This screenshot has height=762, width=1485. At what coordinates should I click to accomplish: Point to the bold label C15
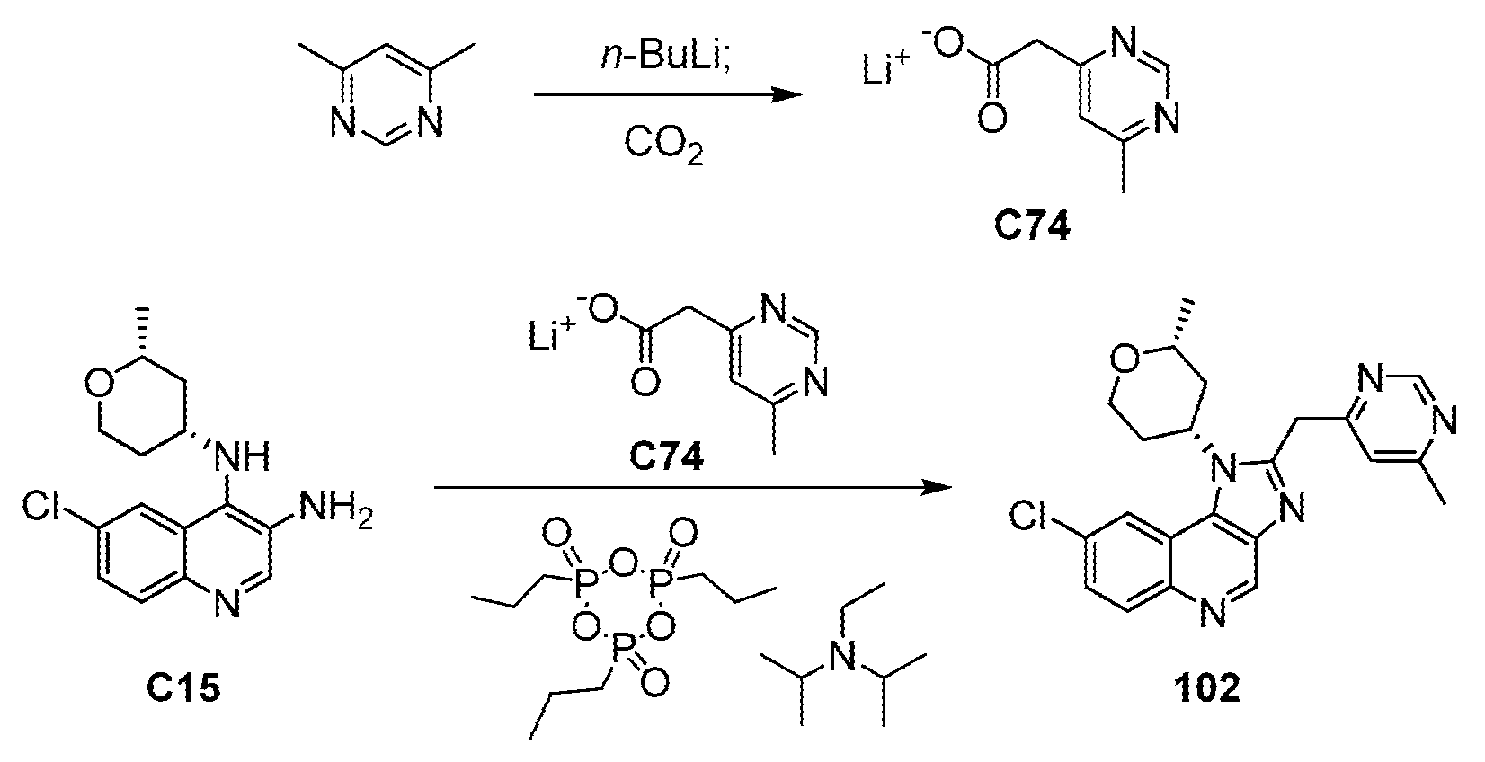183,688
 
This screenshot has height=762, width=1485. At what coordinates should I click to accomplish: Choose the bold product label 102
1205,687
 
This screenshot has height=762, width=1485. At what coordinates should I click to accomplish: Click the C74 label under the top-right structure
1032,226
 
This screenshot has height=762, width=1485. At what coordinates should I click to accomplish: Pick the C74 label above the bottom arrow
666,456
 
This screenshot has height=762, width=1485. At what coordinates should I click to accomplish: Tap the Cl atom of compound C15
40,506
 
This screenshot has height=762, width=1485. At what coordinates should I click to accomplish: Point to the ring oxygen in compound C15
100,385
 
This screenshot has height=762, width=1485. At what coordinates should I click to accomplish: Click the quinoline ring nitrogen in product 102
1214,615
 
